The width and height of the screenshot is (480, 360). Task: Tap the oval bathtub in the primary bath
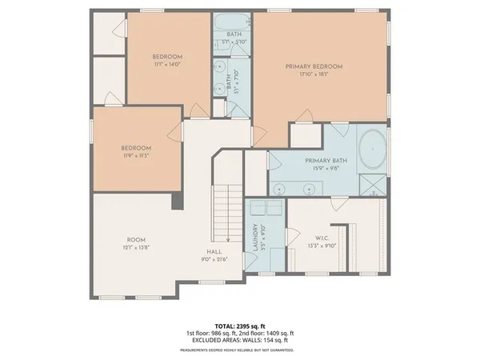tap(371, 150)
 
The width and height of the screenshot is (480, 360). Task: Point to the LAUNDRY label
tap(255, 238)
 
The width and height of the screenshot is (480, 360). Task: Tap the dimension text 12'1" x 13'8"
tap(136, 247)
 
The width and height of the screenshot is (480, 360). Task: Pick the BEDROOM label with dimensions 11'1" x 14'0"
tap(168, 57)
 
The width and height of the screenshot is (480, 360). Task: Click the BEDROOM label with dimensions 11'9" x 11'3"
tap(136, 148)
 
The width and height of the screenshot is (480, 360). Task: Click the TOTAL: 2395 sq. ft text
tap(240, 326)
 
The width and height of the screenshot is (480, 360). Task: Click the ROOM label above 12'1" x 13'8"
tap(136, 240)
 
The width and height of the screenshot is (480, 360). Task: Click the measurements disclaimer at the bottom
tap(240, 350)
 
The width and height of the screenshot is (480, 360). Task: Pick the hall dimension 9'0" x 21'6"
tap(214, 259)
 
